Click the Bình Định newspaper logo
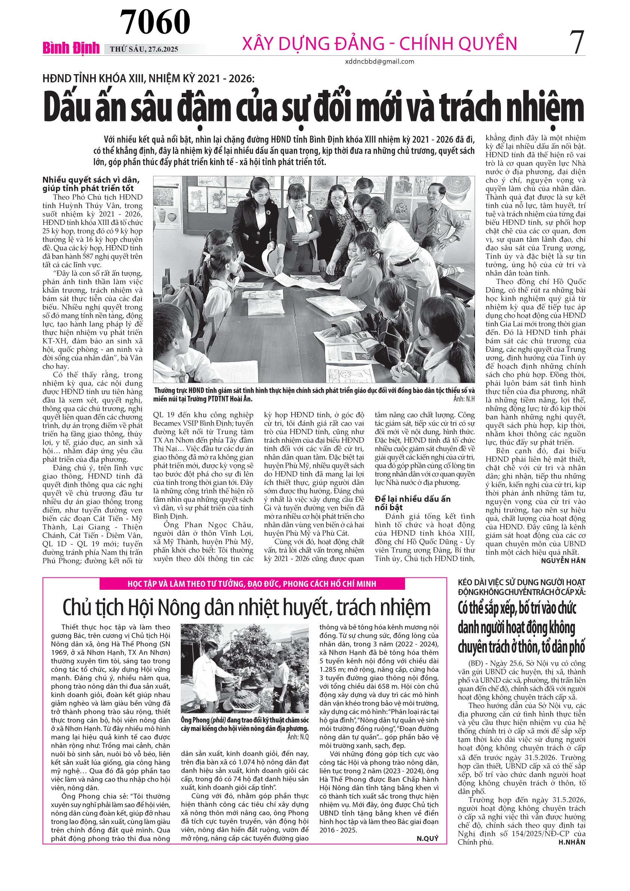(71, 48)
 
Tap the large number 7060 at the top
(155, 22)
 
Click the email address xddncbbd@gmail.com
(379, 61)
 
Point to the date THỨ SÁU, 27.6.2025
(144, 49)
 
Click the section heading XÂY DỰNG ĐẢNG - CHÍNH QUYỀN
(379, 43)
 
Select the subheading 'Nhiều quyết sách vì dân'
(91, 180)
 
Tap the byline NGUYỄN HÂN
(563, 561)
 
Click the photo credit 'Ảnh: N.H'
(464, 399)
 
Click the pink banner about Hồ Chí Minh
(252, 584)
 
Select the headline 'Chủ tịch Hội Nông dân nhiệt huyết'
(246, 607)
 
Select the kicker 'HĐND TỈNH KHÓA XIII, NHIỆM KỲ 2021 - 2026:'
(148, 79)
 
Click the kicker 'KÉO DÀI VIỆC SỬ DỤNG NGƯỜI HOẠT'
(521, 583)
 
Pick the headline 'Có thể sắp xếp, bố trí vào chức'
(517, 608)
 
